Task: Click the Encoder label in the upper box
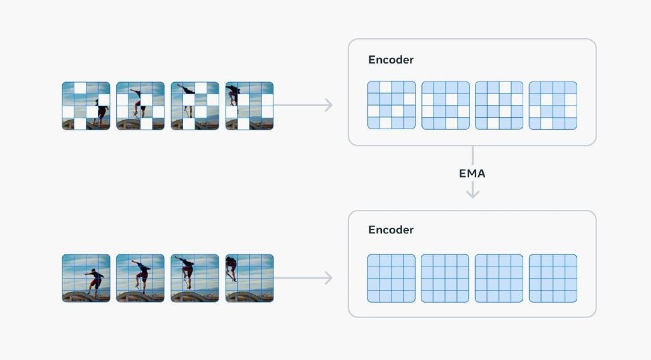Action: click(x=391, y=60)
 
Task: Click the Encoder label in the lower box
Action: click(x=391, y=230)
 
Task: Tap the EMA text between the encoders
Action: click(x=472, y=174)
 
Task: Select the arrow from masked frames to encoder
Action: click(x=303, y=105)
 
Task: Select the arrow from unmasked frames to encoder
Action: click(x=303, y=278)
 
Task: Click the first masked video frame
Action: click(x=86, y=106)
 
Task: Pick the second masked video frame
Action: click(x=140, y=106)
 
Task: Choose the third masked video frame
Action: click(x=195, y=106)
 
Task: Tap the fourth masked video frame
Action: click(x=249, y=106)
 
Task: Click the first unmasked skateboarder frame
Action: click(x=86, y=278)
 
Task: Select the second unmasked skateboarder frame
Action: click(x=140, y=278)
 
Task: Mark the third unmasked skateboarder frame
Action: click(x=195, y=278)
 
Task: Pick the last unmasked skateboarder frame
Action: click(x=249, y=278)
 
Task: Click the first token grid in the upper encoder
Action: click(x=392, y=105)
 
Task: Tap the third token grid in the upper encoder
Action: click(x=499, y=106)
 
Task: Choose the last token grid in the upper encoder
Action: click(x=553, y=106)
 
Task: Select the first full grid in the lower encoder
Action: click(x=391, y=278)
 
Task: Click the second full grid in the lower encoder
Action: click(x=445, y=278)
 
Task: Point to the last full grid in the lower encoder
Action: click(x=553, y=278)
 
